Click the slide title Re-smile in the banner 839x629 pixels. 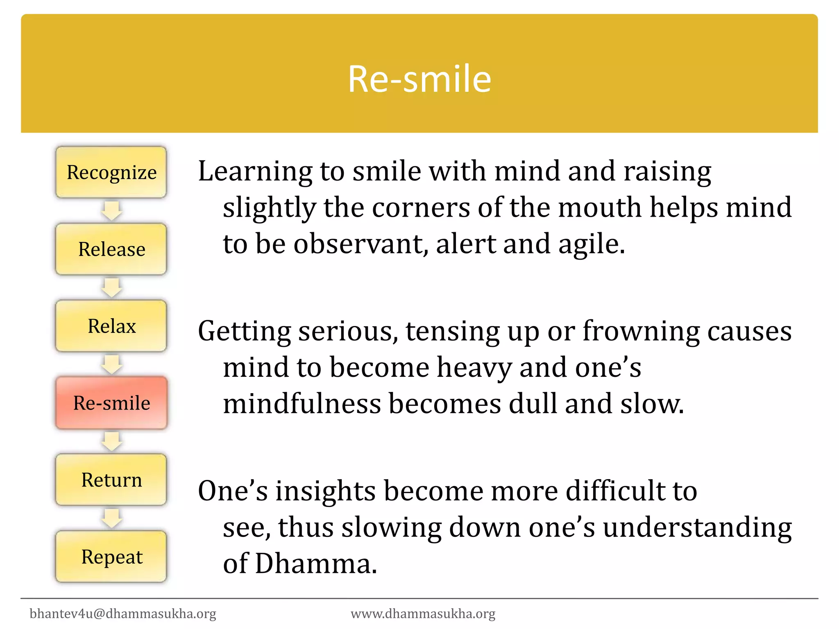(419, 79)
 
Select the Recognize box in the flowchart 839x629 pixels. (111, 172)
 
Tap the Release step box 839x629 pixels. (111, 249)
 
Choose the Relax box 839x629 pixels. (111, 326)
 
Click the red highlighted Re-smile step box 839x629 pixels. (111, 403)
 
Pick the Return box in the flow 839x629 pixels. (111, 480)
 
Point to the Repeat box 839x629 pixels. (111, 557)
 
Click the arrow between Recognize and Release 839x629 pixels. (111, 210)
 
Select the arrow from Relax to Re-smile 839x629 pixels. (111, 364)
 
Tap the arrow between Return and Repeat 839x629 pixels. (111, 518)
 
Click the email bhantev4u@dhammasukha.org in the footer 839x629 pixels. (123, 613)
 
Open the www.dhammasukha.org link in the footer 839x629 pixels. (423, 613)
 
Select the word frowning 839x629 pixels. (641, 331)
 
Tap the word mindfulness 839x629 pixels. (302, 404)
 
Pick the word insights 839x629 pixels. (325, 491)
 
